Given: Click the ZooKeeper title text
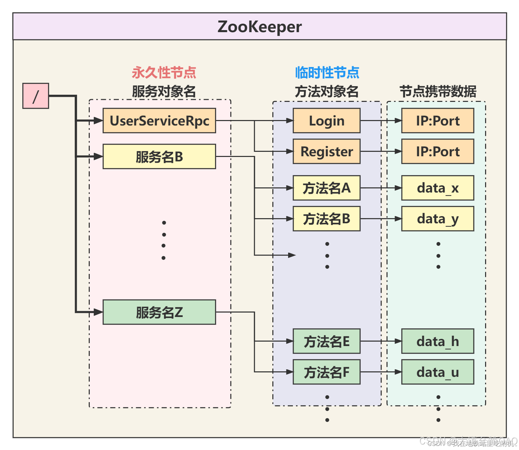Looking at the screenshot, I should click(x=259, y=27).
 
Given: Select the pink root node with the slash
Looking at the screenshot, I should click(x=36, y=96).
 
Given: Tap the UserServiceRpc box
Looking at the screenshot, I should click(x=159, y=121).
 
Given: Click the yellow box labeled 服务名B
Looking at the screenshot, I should click(x=159, y=157).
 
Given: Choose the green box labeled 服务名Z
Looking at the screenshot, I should click(x=159, y=312).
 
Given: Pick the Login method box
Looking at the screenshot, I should click(x=326, y=121).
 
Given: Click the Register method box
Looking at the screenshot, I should click(x=326, y=151).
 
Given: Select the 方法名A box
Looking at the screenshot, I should click(x=326, y=188).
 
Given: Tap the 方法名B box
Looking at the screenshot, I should click(x=326, y=219).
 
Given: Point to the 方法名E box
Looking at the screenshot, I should click(x=326, y=341).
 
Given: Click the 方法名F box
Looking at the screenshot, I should click(x=326, y=372).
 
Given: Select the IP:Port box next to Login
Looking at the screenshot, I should click(x=437, y=121).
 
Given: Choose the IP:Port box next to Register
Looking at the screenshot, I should click(x=437, y=151).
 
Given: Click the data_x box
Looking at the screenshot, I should click(x=437, y=188).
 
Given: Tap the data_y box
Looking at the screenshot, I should click(x=437, y=219).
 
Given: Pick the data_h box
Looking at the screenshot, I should click(x=437, y=341).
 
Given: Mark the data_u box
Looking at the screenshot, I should click(x=437, y=372).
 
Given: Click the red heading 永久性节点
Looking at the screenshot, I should click(x=164, y=73).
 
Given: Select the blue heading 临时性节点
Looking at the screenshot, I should click(x=327, y=73).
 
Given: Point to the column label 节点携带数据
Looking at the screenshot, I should click(x=438, y=92).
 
